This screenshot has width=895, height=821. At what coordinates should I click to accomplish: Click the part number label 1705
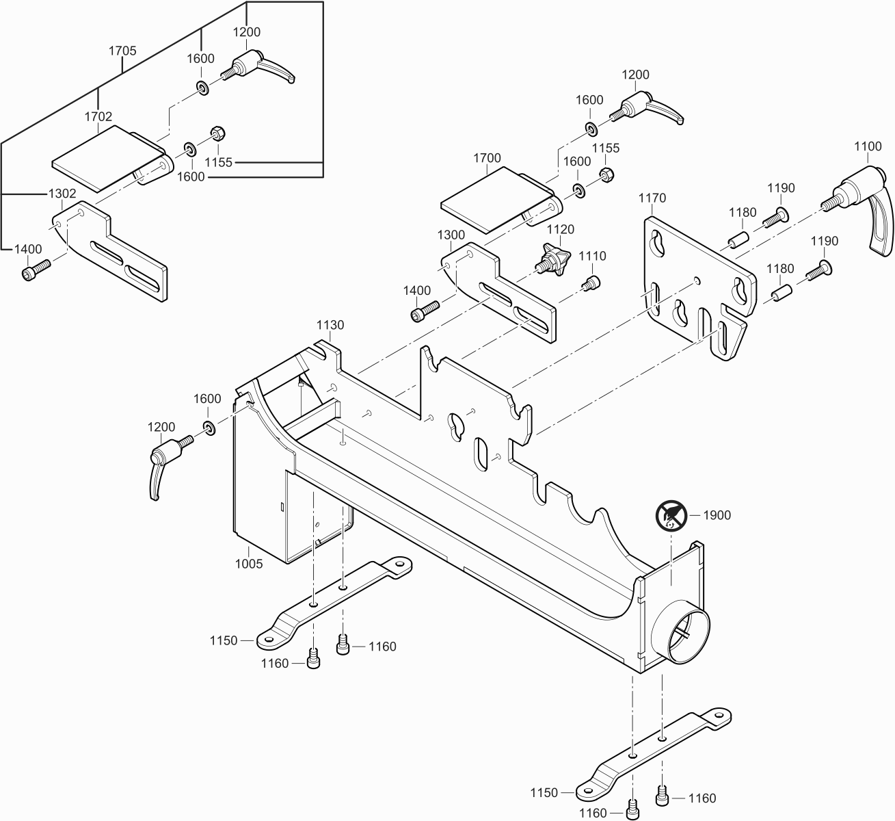[123, 51]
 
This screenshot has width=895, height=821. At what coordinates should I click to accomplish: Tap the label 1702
[98, 116]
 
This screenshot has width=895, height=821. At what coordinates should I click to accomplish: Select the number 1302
[62, 194]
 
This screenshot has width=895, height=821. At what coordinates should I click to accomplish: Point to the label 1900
[717, 515]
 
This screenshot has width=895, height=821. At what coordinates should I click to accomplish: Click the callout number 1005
[249, 565]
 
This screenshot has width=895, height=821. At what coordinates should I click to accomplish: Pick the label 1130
[330, 325]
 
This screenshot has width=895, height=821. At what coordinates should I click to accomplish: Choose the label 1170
[652, 198]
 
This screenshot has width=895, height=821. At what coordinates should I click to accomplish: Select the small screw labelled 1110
[591, 281]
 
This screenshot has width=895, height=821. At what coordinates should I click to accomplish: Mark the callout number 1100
[868, 146]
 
